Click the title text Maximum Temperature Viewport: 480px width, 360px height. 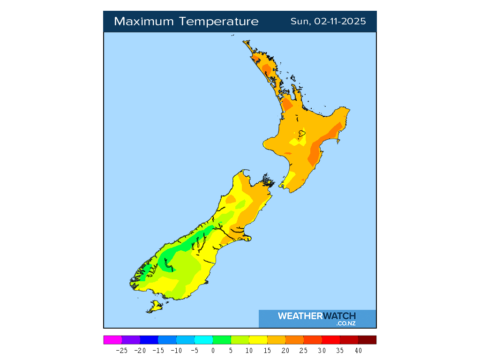pos(186,22)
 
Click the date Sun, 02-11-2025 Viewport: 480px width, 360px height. pos(328,22)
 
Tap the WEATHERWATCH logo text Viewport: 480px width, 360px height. pos(316,316)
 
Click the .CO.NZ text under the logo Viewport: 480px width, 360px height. pos(346,323)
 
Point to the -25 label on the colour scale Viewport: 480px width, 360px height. pos(122,350)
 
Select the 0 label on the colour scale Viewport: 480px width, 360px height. pos(213,350)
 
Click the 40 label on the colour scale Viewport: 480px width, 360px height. pos(358,350)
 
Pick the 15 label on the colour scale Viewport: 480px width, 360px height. pos(267,350)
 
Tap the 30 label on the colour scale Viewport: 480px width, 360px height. pos(322,350)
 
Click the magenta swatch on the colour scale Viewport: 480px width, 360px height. pos(113,340)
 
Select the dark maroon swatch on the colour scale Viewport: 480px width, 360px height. pos(367,340)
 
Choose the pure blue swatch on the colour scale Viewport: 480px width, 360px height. pos(149,340)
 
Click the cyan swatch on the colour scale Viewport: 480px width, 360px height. pos(203,340)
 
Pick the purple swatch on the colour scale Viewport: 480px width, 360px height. pos(131,340)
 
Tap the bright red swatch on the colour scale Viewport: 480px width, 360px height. pos(331,340)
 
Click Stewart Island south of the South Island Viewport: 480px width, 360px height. pos(154,307)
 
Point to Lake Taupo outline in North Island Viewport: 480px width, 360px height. pos(301,134)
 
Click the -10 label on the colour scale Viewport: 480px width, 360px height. pos(176,350)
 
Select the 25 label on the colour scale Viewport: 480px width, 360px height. pos(304,350)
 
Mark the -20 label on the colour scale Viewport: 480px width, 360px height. pos(140,350)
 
